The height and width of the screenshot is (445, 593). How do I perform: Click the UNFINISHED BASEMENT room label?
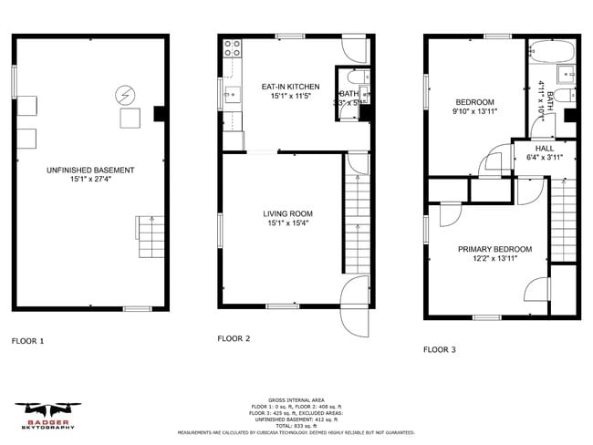pyautogui.click(x=91, y=171)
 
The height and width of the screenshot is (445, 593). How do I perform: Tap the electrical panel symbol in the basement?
pyautogui.click(x=123, y=94)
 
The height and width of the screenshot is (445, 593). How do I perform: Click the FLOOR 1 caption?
pyautogui.click(x=27, y=341)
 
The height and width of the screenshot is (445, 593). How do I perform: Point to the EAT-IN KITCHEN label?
pyautogui.click(x=288, y=87)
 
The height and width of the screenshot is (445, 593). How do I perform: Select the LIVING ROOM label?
pyautogui.click(x=281, y=212)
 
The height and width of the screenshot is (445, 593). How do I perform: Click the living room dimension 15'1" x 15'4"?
pyautogui.click(x=281, y=223)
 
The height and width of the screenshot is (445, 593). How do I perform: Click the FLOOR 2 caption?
pyautogui.click(x=234, y=338)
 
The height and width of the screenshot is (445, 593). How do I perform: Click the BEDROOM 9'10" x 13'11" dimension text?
pyautogui.click(x=474, y=112)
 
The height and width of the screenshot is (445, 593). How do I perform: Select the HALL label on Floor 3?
pyautogui.click(x=545, y=148)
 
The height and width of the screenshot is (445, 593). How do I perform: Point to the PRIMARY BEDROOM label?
pyautogui.click(x=494, y=249)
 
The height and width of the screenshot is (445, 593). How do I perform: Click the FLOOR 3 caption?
pyautogui.click(x=440, y=349)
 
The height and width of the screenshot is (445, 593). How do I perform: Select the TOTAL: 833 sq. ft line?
pyautogui.click(x=296, y=426)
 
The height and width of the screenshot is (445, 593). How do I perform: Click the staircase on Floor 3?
pyautogui.click(x=566, y=219)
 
